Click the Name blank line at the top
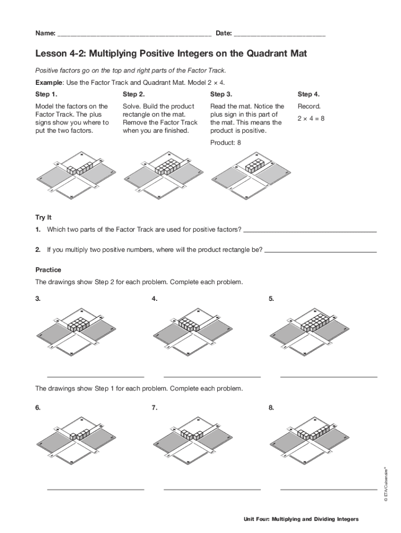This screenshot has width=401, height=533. [134, 35]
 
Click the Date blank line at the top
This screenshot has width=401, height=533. [280, 35]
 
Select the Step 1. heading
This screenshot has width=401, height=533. [46, 94]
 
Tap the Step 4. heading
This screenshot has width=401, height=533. [309, 94]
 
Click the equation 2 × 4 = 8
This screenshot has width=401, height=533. [311, 119]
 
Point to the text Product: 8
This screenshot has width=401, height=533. [225, 143]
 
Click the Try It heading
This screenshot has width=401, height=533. [43, 217]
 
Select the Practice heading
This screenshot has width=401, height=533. [48, 270]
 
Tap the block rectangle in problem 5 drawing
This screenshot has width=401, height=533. [315, 323]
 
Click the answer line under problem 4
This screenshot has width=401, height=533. [212, 376]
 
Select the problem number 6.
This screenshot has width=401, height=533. [38, 408]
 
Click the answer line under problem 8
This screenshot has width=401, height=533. [329, 489]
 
